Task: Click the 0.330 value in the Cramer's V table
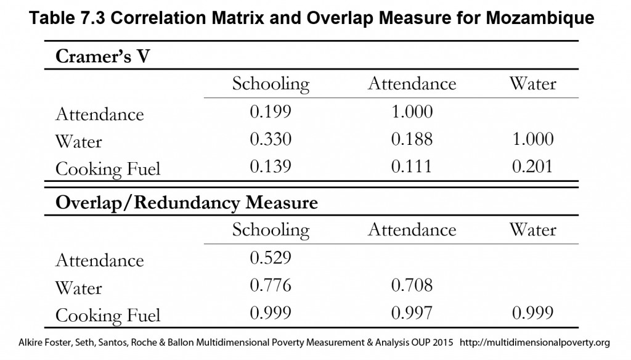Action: [x=271, y=139]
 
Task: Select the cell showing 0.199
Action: [x=271, y=112]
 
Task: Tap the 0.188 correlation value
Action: [x=412, y=139]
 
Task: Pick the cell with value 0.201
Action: [x=532, y=166]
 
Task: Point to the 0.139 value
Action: [x=271, y=166]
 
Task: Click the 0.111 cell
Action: [x=412, y=166]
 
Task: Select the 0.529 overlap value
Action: [x=271, y=258]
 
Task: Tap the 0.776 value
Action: [x=271, y=285]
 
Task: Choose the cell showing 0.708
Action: [x=412, y=285]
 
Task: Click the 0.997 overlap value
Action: [x=412, y=313]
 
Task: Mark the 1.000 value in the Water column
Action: [x=533, y=139]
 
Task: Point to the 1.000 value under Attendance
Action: [x=412, y=112]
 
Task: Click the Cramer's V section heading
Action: [x=103, y=56]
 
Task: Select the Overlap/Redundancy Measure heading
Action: [x=186, y=202]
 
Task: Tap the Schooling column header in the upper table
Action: [x=271, y=84]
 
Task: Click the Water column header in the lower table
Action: [x=532, y=229]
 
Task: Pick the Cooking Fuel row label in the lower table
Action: [x=108, y=315]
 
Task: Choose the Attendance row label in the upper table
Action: [x=99, y=115]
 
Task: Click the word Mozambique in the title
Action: [x=540, y=18]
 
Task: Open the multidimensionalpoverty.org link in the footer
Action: [x=535, y=343]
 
